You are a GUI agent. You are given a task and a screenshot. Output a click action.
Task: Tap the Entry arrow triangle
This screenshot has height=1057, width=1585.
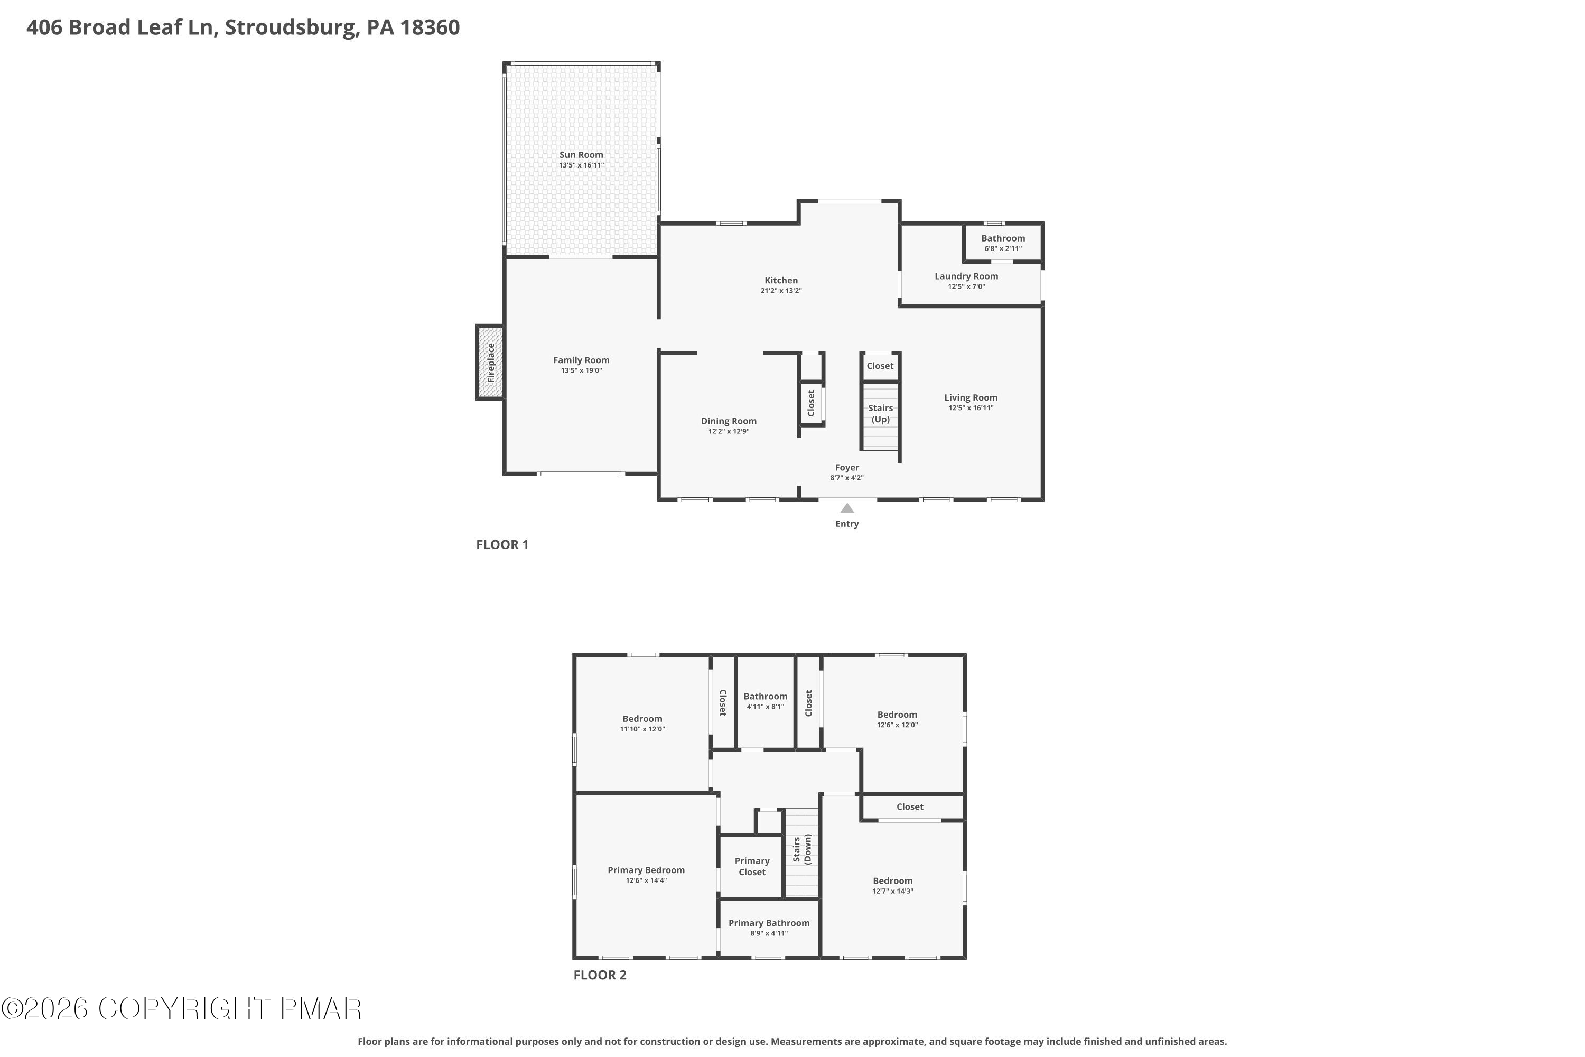coord(847,508)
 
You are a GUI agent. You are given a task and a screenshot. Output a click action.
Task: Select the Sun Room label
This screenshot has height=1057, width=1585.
coord(581,155)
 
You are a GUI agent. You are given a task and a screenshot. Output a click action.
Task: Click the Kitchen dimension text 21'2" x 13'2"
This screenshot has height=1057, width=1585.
coord(781,291)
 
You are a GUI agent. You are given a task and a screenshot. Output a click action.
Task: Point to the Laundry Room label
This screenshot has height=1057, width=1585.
coord(966,276)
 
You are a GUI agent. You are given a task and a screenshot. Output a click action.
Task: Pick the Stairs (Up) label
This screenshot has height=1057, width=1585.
coord(880,413)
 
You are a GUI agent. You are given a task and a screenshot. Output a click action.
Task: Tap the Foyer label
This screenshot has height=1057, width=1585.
coord(846,468)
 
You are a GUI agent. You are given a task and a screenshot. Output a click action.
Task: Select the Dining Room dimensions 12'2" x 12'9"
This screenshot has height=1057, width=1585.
coord(729,431)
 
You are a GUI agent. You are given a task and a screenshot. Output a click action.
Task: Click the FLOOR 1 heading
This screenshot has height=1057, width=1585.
coord(502,545)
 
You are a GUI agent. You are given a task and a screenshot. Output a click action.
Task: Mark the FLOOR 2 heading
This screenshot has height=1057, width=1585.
coord(600,975)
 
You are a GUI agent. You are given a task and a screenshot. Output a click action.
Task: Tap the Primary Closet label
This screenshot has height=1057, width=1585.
coord(751,866)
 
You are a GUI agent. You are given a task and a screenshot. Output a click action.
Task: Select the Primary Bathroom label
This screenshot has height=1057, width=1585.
coord(768,923)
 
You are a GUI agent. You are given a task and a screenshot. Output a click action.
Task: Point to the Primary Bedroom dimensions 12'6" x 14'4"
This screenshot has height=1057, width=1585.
coord(646,880)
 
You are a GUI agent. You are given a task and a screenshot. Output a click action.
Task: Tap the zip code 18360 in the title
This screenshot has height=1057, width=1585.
coord(430,27)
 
